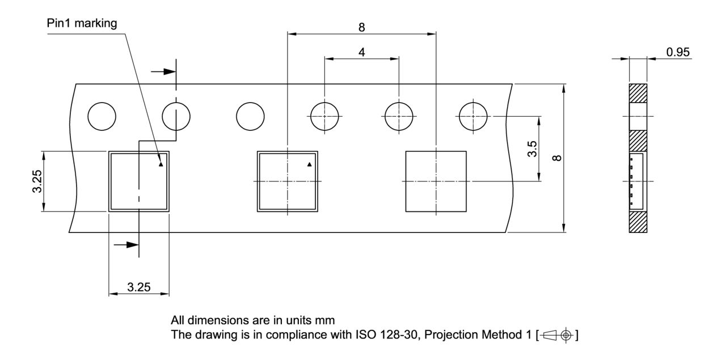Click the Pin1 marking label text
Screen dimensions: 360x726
click(x=82, y=23)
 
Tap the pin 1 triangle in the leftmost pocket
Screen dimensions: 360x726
click(x=161, y=165)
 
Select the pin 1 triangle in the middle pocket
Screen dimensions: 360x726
click(x=309, y=164)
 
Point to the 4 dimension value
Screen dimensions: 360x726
click(x=361, y=52)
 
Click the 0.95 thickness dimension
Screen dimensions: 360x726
click(x=678, y=52)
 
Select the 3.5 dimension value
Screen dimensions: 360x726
click(x=531, y=149)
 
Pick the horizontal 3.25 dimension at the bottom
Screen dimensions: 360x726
click(x=138, y=287)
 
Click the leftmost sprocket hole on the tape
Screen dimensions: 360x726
click(x=102, y=117)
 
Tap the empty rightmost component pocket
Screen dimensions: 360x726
click(x=436, y=181)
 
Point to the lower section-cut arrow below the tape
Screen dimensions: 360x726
click(x=126, y=244)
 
